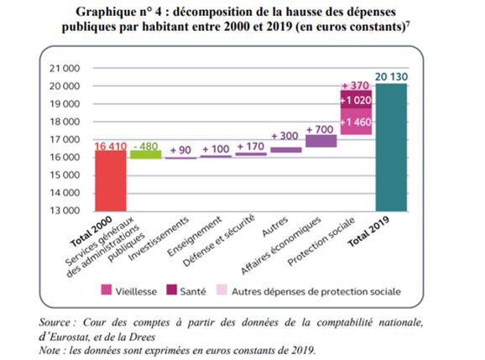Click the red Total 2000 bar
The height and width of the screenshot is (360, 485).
pos(111,181)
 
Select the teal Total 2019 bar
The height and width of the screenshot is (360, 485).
pos(391,148)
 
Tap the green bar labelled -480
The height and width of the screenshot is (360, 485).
pos(146,154)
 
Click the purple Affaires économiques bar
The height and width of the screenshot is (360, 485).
pos(321,141)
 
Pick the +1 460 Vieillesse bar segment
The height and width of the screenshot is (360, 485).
pos(356,122)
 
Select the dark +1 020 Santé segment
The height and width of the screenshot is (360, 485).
pos(356,100)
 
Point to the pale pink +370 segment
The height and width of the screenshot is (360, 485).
pos(356,87)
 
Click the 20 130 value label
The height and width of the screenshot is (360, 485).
pos(392,76)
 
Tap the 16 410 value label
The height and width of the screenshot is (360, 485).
pos(111,146)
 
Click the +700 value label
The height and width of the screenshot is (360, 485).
pos(320,129)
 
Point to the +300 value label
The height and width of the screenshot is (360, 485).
pos(284,136)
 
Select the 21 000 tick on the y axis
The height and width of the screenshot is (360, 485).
pos(65,68)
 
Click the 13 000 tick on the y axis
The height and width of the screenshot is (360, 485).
pos(65,211)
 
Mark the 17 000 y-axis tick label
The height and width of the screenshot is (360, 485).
pos(65,139)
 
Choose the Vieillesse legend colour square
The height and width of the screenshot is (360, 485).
pos(106,290)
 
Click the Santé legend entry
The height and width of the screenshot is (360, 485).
pos(186,290)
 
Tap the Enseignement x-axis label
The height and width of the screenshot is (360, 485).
pos(195,237)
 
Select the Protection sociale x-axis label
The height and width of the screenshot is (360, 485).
pos(321,241)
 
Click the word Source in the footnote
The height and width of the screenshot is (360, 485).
pos(55,322)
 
